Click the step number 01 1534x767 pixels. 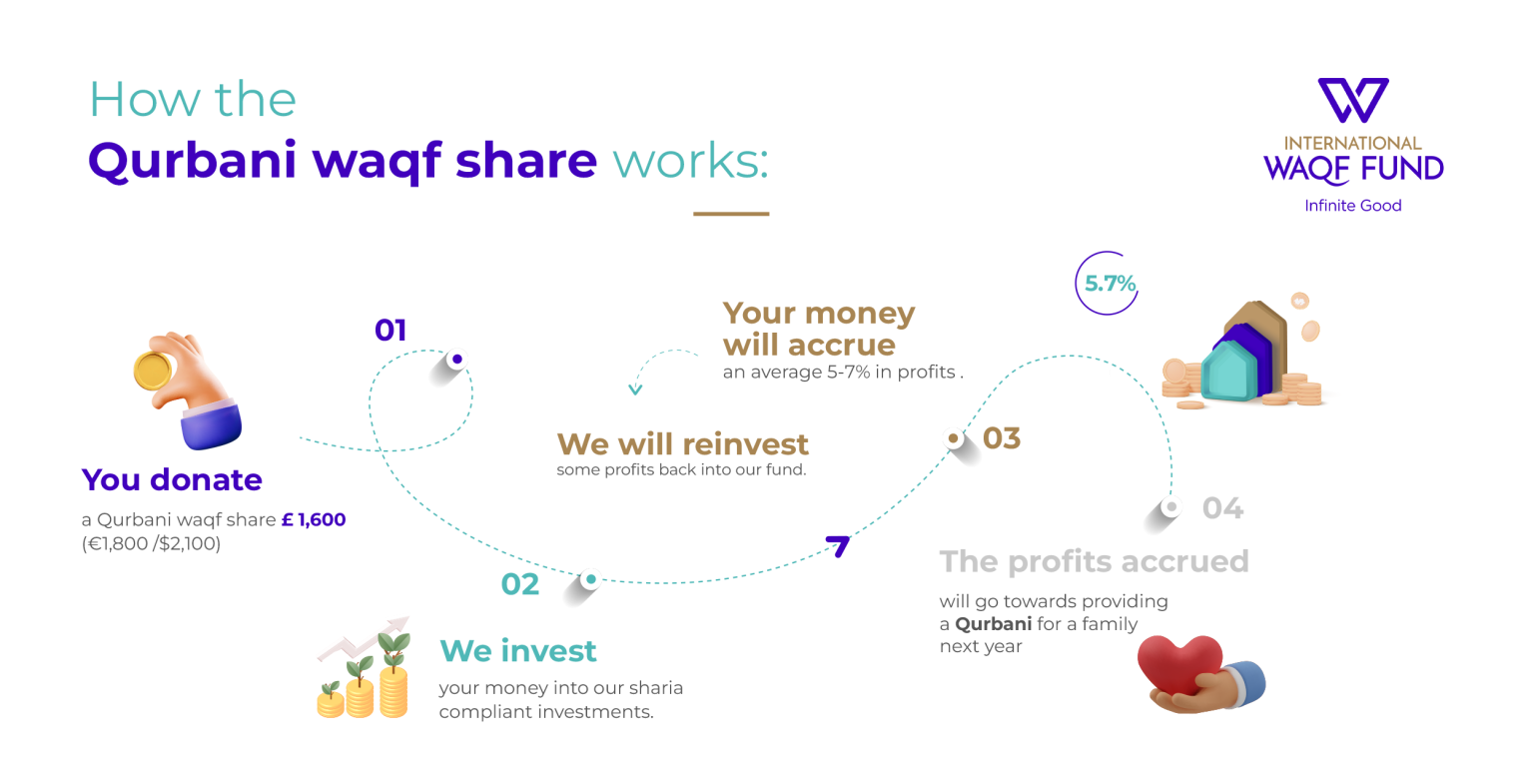click(390, 331)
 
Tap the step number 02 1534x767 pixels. click(519, 584)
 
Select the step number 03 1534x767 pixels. click(1002, 438)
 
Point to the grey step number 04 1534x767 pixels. click(1223, 508)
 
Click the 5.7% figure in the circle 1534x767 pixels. click(1111, 284)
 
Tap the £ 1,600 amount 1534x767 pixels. click(314, 519)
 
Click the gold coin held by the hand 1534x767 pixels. click(152, 371)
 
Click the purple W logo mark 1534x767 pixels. click(1353, 100)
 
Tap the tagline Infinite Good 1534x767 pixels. click(1352, 206)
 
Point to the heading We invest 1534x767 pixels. click(517, 650)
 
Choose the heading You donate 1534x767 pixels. click(172, 479)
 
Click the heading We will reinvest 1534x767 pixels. click(683, 444)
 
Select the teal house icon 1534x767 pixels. click(1229, 371)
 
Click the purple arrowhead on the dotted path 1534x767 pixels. click(839, 545)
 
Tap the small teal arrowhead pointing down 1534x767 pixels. click(635, 389)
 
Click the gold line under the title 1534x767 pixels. click(731, 214)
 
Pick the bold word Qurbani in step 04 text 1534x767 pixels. click(993, 624)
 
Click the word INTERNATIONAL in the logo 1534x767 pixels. click(1352, 143)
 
